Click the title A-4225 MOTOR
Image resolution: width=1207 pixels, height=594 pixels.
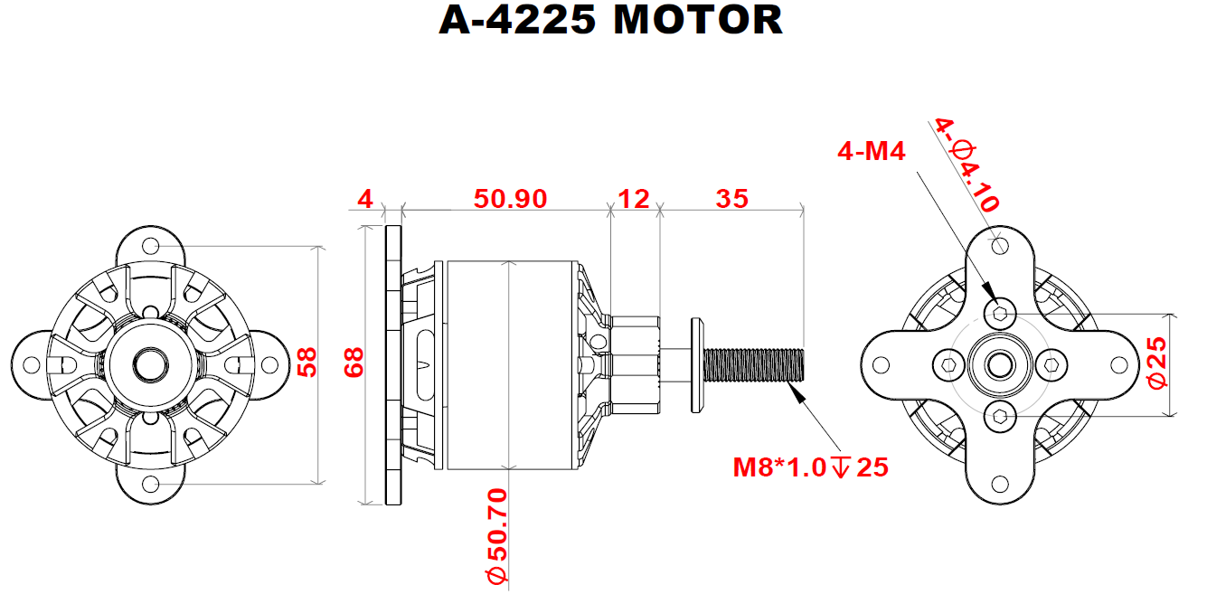pos(610,20)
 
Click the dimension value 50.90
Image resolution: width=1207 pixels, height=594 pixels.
pos(510,198)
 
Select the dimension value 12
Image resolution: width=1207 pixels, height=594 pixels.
pos(633,198)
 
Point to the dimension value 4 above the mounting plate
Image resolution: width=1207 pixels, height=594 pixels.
pos(364,198)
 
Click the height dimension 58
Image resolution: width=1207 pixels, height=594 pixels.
pos(307,363)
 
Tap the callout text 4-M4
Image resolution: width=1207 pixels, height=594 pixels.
pos(872,151)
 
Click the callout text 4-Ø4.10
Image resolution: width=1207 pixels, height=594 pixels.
pos(967,165)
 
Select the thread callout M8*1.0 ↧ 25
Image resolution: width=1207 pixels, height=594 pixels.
pos(810,467)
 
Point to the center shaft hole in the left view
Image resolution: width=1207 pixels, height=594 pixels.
pos(150,364)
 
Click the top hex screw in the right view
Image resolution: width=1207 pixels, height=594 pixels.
pos(1000,314)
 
